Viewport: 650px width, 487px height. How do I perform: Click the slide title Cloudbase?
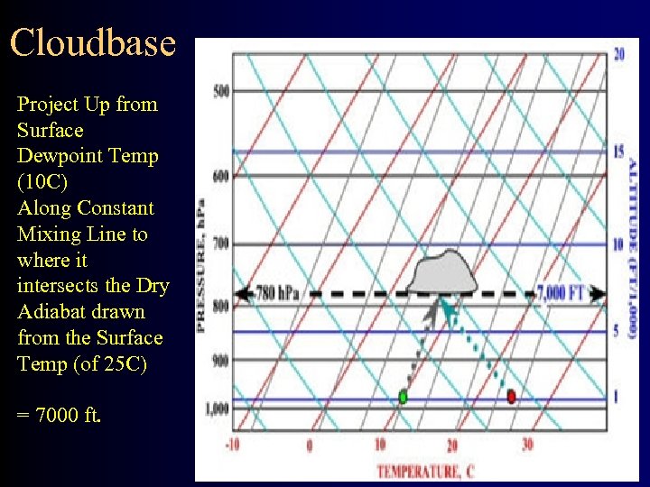pyautogui.click(x=93, y=42)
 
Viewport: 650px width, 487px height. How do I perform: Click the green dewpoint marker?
pyautogui.click(x=403, y=396)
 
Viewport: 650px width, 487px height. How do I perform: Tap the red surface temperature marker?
pyautogui.click(x=511, y=396)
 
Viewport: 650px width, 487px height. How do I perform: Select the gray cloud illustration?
pyautogui.click(x=442, y=272)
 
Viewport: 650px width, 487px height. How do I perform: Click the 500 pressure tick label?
pyautogui.click(x=220, y=91)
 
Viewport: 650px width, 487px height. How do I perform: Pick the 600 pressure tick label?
pyautogui.click(x=220, y=174)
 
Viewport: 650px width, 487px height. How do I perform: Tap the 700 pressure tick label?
pyautogui.click(x=220, y=243)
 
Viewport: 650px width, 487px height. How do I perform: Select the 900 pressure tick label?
pyautogui.click(x=220, y=361)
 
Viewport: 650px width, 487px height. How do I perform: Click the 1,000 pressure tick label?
pyautogui.click(x=217, y=409)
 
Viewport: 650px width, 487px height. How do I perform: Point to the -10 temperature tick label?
pyautogui.click(x=233, y=445)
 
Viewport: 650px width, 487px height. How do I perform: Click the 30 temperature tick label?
pyautogui.click(x=527, y=445)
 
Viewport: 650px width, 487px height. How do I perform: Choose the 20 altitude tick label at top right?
pyautogui.click(x=619, y=54)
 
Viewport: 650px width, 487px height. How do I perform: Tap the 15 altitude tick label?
pyautogui.click(x=619, y=151)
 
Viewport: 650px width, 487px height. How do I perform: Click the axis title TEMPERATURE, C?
pyautogui.click(x=425, y=471)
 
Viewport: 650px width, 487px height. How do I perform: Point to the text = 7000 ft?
pyautogui.click(x=59, y=417)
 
